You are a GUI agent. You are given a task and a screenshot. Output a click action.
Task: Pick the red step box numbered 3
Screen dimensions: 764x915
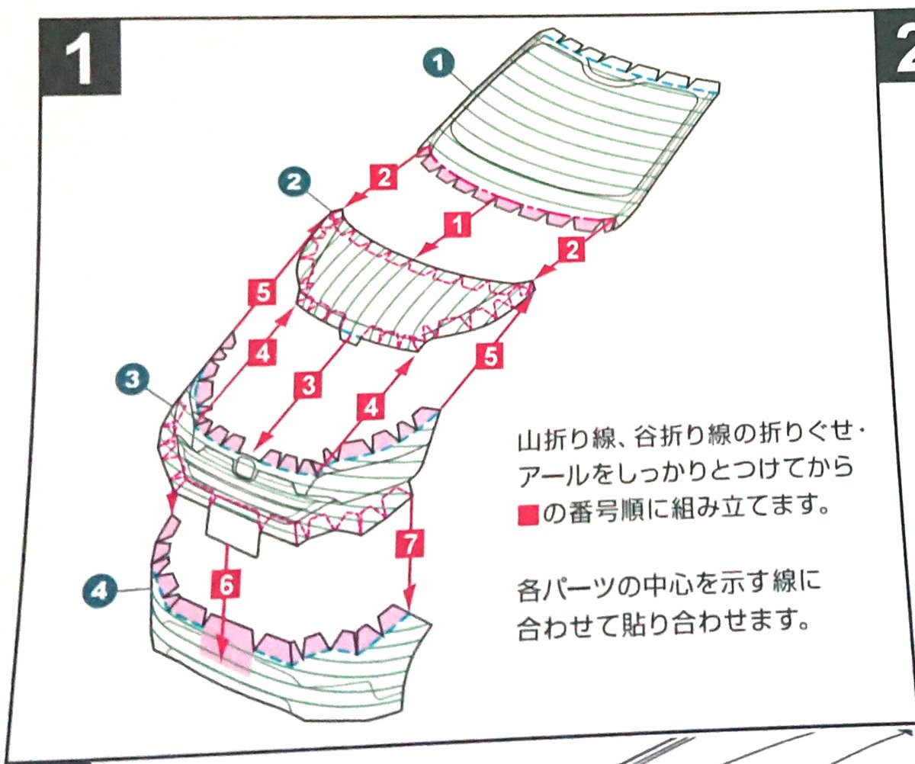(307, 386)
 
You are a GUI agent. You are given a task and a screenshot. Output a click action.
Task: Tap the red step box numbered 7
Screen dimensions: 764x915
(411, 544)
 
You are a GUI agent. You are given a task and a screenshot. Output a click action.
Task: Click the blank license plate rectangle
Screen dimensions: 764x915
(233, 529)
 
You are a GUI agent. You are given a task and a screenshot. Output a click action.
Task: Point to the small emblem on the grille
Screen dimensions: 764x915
(244, 468)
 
